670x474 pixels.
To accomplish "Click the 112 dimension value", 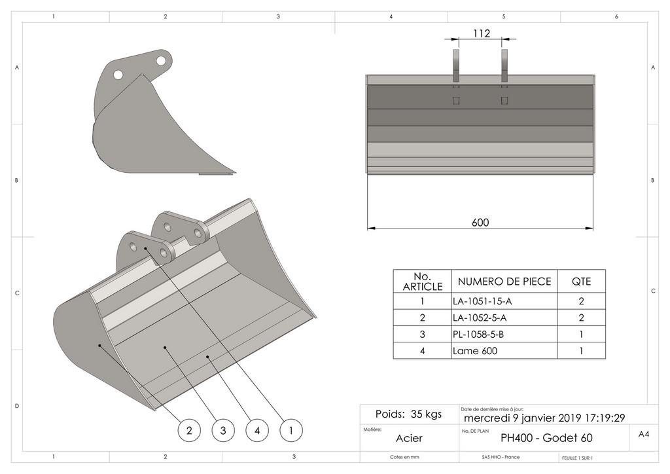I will [x=481, y=34].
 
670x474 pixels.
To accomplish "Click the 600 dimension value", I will [x=480, y=223].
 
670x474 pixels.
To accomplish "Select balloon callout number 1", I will [x=291, y=430].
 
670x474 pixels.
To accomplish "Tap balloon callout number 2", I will [x=189, y=430].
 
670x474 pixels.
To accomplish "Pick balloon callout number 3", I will [x=223, y=430].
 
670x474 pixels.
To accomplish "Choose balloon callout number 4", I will [x=257, y=430].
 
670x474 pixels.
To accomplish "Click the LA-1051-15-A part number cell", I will [x=480, y=302].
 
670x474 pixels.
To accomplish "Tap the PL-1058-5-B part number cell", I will [x=478, y=335].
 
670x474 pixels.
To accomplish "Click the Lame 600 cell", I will [x=474, y=351].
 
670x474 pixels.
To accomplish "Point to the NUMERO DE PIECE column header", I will [x=504, y=282].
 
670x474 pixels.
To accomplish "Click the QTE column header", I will [x=581, y=282].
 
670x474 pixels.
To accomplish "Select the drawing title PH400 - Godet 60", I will [x=546, y=438].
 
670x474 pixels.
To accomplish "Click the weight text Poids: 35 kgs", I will [x=408, y=414].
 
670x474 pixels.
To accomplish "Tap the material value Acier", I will [x=409, y=438].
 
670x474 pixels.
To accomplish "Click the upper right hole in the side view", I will [x=160, y=60].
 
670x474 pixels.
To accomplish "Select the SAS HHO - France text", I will [x=482, y=457].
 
